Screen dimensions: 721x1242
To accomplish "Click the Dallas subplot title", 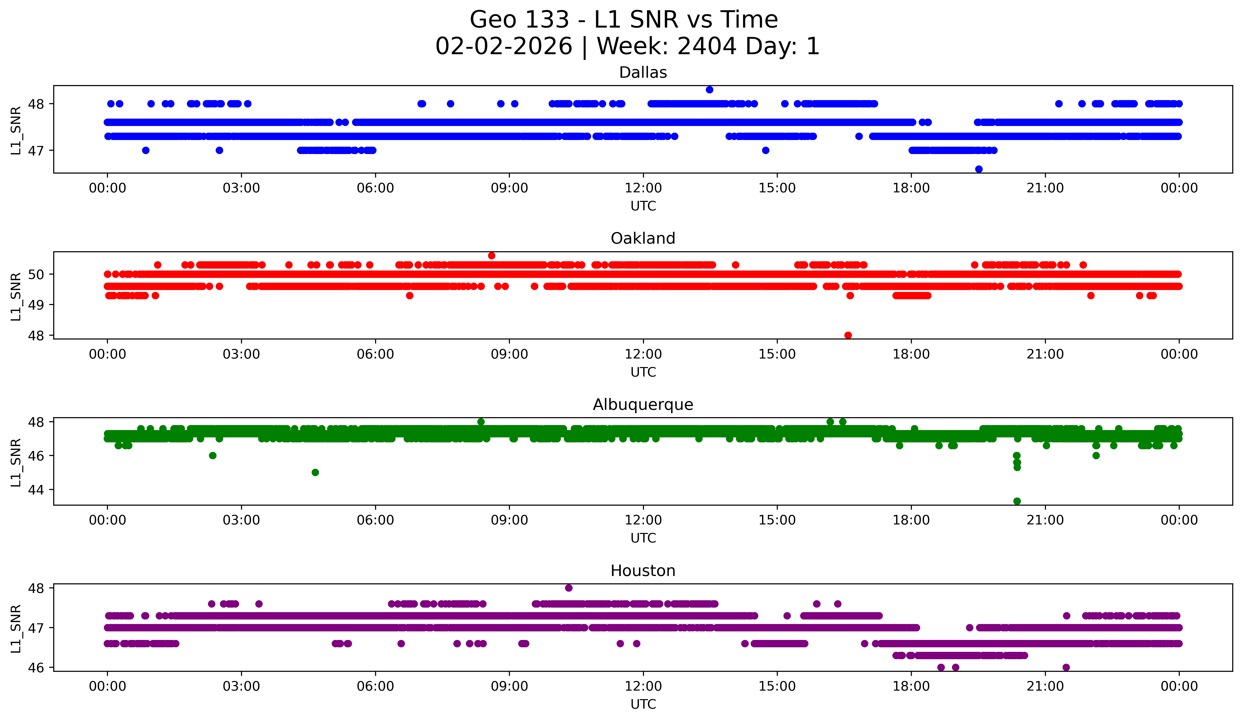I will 643,73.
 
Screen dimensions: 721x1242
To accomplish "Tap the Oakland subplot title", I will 643,238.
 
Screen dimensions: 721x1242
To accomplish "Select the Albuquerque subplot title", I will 643,405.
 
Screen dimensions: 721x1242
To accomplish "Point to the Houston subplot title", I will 643,571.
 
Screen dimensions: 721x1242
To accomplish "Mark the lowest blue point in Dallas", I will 979,169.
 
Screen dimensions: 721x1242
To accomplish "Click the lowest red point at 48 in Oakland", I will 848,335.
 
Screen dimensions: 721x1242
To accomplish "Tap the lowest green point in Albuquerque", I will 1017,501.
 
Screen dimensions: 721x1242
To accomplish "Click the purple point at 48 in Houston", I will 569,588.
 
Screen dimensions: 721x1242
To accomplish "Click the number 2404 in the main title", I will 707,46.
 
